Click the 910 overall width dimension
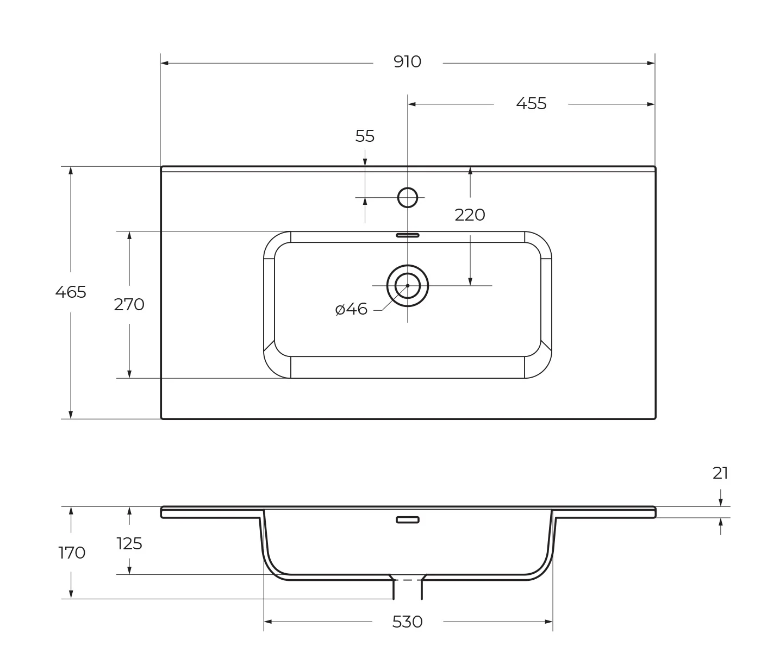(x=407, y=62)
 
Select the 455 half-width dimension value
(x=531, y=104)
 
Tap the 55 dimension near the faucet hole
(x=365, y=136)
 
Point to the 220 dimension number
(x=470, y=215)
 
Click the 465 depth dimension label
(x=71, y=292)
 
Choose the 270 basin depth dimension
(x=129, y=305)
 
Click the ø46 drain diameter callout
(x=352, y=310)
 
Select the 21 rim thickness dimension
(x=720, y=474)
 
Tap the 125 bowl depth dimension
(x=129, y=543)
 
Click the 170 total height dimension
(x=72, y=553)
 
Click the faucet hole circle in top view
(x=408, y=198)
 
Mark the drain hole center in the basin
(x=408, y=286)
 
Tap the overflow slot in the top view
(x=408, y=235)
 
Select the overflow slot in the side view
(x=408, y=520)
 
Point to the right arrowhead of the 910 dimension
(x=651, y=63)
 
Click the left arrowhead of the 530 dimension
(x=268, y=622)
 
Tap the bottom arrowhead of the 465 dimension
(x=71, y=415)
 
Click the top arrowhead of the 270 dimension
(x=129, y=235)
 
